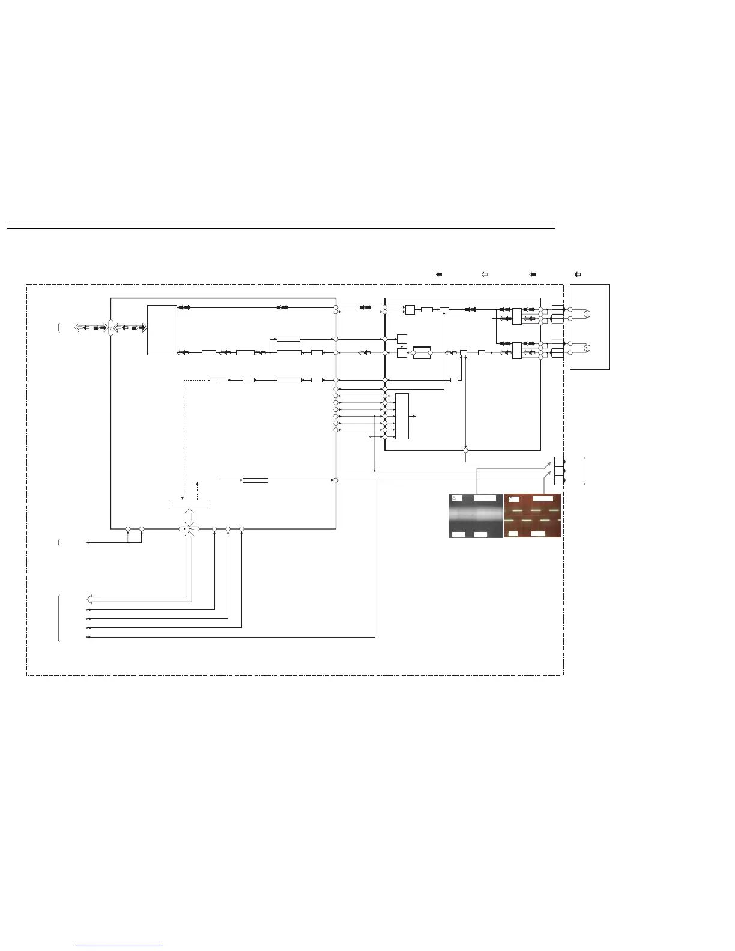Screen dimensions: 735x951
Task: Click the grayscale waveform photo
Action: coord(476,515)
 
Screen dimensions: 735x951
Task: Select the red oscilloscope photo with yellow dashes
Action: coord(533,515)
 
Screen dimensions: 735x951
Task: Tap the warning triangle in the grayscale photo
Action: coord(455,498)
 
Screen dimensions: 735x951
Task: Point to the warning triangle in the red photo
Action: coord(510,499)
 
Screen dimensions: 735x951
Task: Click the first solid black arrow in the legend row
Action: coord(439,274)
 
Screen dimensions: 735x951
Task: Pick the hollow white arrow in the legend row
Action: coord(484,274)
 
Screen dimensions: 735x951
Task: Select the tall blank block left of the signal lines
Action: coord(162,330)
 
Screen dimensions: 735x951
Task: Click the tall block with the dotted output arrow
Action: coord(402,416)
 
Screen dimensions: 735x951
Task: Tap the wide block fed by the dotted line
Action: coord(189,504)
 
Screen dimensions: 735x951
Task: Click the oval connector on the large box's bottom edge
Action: coord(189,529)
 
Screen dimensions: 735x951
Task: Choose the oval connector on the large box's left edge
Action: coord(111,328)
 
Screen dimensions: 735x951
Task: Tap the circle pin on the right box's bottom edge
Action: coord(466,450)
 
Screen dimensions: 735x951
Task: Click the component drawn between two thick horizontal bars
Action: coord(422,352)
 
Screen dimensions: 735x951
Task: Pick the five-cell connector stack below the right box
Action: coord(559,471)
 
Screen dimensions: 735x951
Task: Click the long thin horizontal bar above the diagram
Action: coord(280,226)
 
